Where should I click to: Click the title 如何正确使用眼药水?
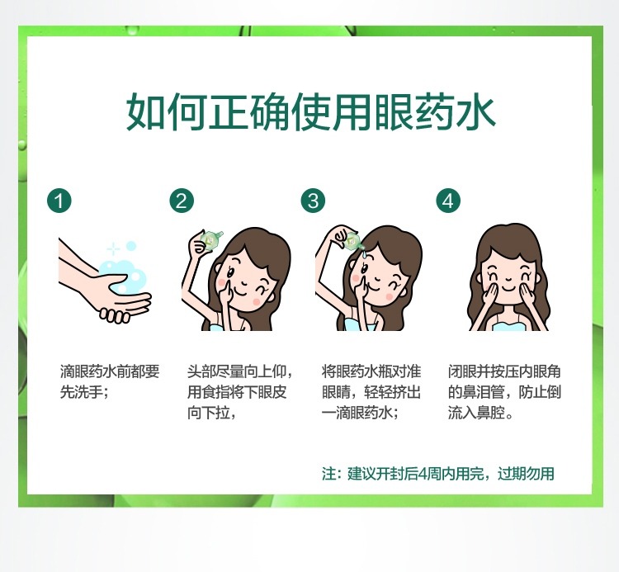tap(310, 111)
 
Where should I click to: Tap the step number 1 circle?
tap(59, 201)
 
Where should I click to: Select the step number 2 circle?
tap(182, 201)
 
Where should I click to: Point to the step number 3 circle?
tap(313, 201)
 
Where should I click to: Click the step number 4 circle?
tap(448, 201)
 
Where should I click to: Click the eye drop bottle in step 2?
tap(211, 239)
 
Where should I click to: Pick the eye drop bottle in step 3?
tap(353, 241)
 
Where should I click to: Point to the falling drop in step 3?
tap(363, 255)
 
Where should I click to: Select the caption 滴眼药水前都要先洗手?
tap(110, 381)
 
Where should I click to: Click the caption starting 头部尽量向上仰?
tap(239, 392)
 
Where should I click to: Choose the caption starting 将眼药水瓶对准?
tap(371, 392)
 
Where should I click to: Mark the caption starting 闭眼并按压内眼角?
tap(504, 392)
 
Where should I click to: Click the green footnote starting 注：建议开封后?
tap(437, 474)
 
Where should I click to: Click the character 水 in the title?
tap(475, 111)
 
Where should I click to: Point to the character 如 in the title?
tap(145, 111)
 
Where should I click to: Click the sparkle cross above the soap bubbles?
tap(113, 249)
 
